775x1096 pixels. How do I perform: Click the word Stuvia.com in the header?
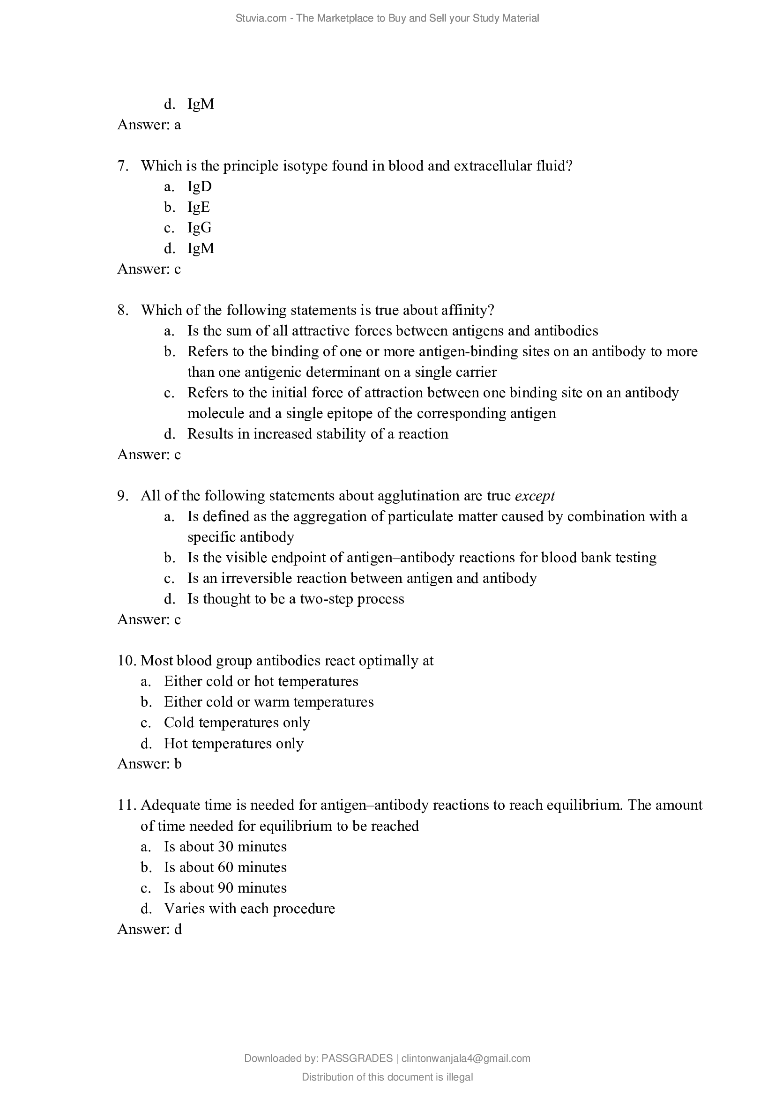pos(261,18)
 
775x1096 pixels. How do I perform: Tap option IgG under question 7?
pos(200,228)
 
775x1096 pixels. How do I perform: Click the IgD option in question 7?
pos(200,186)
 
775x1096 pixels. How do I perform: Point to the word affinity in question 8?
pos(467,310)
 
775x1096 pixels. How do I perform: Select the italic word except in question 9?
pos(535,496)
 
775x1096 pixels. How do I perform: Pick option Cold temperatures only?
pos(237,722)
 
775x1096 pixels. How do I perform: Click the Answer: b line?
pos(149,764)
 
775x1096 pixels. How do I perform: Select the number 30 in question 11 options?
pos(226,846)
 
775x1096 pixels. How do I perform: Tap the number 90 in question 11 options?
pos(226,887)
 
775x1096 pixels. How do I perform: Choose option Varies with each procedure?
pos(249,908)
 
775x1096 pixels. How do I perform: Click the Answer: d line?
pos(149,929)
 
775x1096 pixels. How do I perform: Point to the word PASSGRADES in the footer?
pos(357,1059)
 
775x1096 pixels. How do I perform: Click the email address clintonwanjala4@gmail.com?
pos(466,1059)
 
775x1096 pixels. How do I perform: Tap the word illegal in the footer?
pos(460,1077)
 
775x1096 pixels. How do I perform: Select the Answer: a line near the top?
pos(149,125)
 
